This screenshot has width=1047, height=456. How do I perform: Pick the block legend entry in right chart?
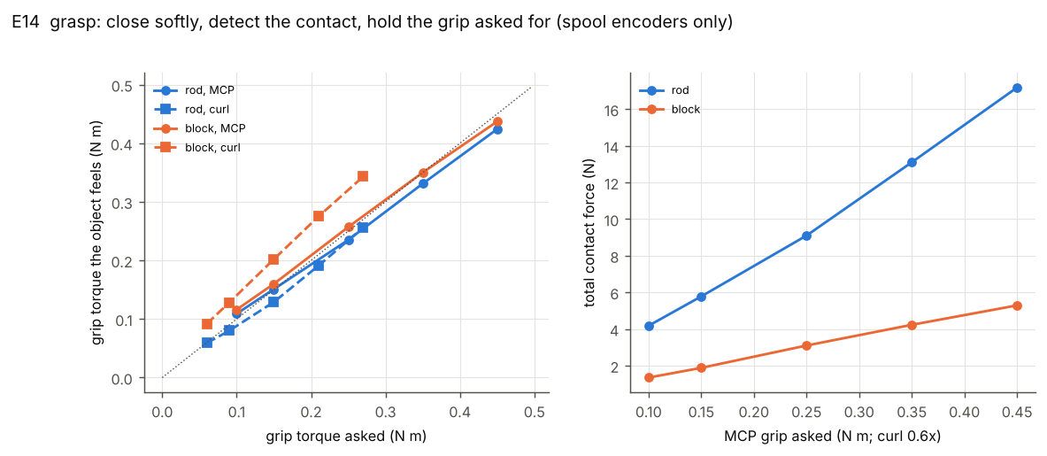coord(670,109)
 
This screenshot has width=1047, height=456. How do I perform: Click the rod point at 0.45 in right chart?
coord(1017,89)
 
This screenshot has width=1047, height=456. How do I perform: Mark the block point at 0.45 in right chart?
coord(1017,305)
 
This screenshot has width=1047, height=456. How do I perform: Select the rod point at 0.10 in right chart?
coord(649,326)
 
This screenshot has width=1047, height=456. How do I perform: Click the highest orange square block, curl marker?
coord(363,176)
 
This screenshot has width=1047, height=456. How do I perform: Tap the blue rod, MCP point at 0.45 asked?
coord(497,129)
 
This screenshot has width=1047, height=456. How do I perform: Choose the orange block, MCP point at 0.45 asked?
coord(497,121)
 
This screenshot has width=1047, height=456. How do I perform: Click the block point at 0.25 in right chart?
coord(806,346)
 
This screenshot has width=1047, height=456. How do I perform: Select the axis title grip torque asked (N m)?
coord(347,437)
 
